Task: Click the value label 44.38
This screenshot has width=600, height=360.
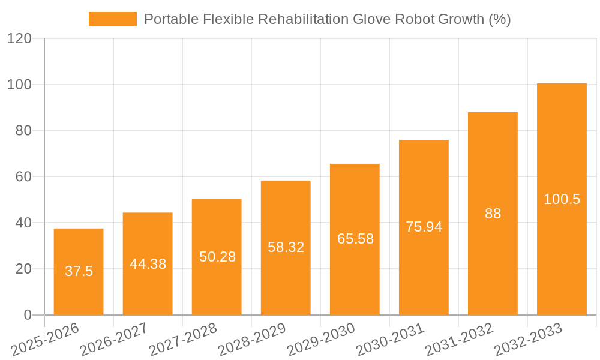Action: pyautogui.click(x=148, y=263)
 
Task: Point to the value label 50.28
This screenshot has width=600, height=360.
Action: pyautogui.click(x=217, y=257)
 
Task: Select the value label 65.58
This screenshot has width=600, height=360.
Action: pyautogui.click(x=355, y=239)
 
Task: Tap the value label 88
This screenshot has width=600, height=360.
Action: pyautogui.click(x=493, y=214)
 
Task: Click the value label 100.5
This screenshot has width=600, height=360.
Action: pyautogui.click(x=562, y=199)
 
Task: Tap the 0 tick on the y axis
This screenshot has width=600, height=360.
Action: pyautogui.click(x=27, y=315)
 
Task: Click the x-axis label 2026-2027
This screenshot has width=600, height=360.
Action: pyautogui.click(x=114, y=338)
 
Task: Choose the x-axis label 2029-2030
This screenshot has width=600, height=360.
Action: pyautogui.click(x=322, y=338)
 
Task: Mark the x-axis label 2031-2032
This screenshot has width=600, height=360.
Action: pyautogui.click(x=460, y=338)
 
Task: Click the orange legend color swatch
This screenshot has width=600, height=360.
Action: pyautogui.click(x=113, y=19)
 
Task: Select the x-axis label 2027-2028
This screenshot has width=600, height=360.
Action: pyautogui.click(x=183, y=338)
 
